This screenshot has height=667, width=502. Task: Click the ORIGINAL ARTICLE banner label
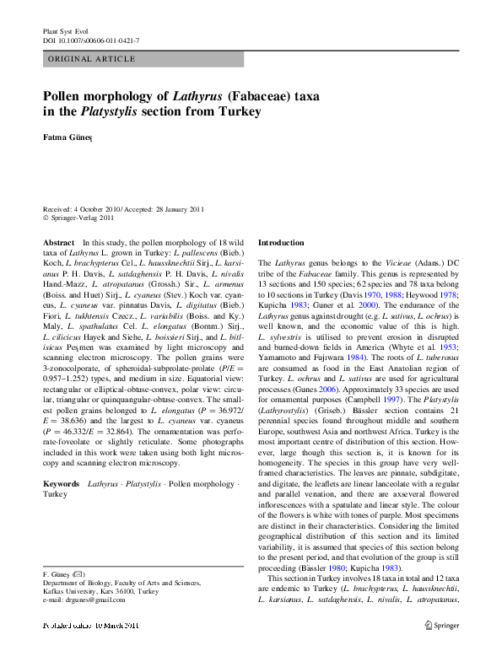[x=93, y=59]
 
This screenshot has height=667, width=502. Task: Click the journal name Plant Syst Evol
[x=65, y=30]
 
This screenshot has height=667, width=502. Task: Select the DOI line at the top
[x=91, y=40]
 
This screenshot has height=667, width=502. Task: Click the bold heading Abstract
[x=58, y=242]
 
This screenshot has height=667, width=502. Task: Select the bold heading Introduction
[x=281, y=242]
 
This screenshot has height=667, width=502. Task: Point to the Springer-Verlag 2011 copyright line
[x=81, y=218]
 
